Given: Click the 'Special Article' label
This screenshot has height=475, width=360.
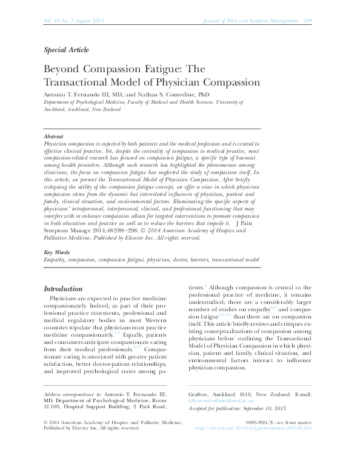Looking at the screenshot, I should click(x=67, y=50).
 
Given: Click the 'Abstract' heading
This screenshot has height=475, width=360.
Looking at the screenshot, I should click(x=53, y=136).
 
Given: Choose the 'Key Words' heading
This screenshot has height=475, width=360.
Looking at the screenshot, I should click(x=56, y=269).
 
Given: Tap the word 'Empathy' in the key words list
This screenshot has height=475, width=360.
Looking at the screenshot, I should click(x=55, y=277).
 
